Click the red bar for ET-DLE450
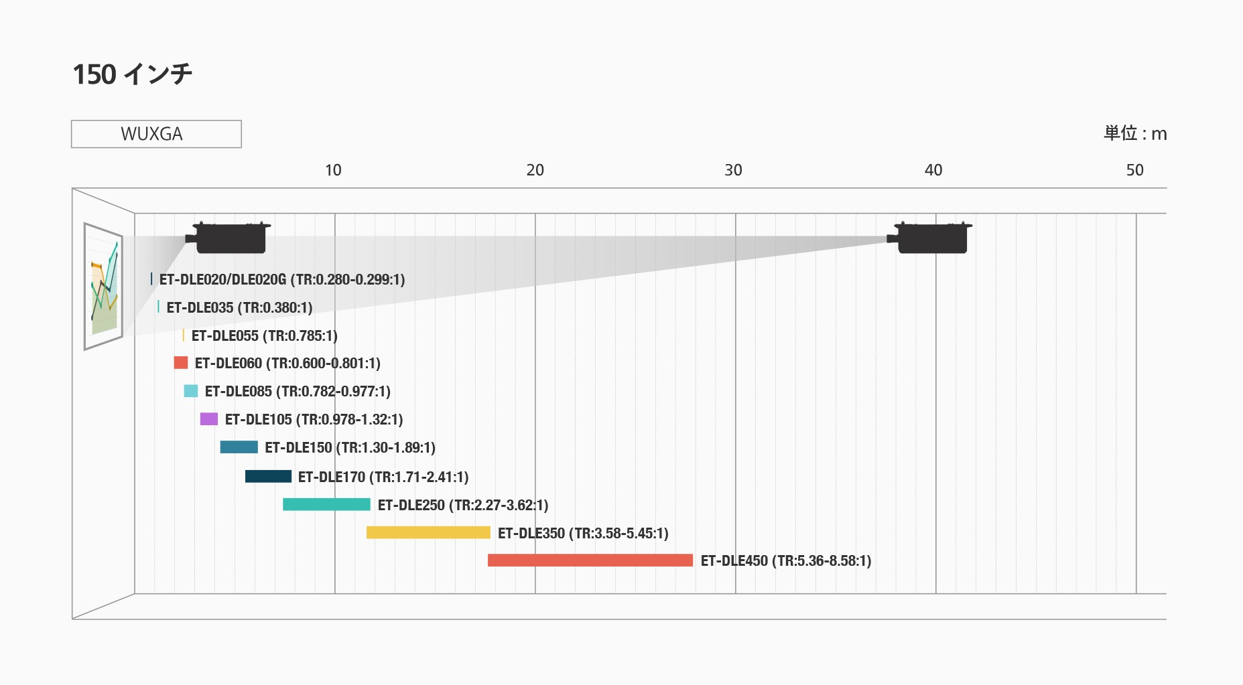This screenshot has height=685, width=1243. point(590,560)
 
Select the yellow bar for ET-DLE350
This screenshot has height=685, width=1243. point(428,532)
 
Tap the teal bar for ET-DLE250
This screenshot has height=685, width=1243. point(326,504)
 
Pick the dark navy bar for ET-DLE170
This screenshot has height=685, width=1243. point(268,476)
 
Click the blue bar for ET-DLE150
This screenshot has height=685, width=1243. point(239,447)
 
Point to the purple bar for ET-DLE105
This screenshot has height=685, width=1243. point(209,419)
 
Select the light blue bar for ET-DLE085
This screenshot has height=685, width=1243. point(191,391)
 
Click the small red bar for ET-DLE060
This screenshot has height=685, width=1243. point(181,362)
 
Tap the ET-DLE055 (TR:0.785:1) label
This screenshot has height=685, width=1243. point(264,335)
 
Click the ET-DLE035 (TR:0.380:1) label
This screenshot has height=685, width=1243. point(239,307)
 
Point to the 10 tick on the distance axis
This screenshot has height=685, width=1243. point(333,170)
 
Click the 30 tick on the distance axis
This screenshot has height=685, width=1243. point(733,170)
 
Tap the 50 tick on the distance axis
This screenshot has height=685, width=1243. point(1134,170)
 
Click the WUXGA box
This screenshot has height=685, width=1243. point(156,134)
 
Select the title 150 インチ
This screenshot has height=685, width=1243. point(132,74)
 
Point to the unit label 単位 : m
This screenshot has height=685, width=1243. point(1135,133)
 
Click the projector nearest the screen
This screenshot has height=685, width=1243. point(230,238)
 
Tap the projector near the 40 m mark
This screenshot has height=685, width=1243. point(931,238)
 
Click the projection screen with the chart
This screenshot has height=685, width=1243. point(103,286)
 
